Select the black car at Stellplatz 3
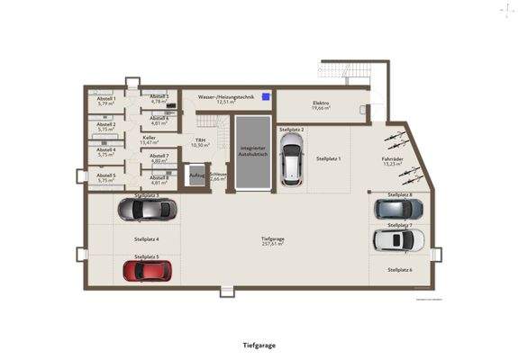click(146, 211)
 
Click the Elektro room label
click(321, 103)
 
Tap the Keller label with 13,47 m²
click(149, 138)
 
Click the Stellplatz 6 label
click(400, 269)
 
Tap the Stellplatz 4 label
click(146, 239)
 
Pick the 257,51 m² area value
click(273, 244)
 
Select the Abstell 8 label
click(159, 177)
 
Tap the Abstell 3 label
click(159, 96)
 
